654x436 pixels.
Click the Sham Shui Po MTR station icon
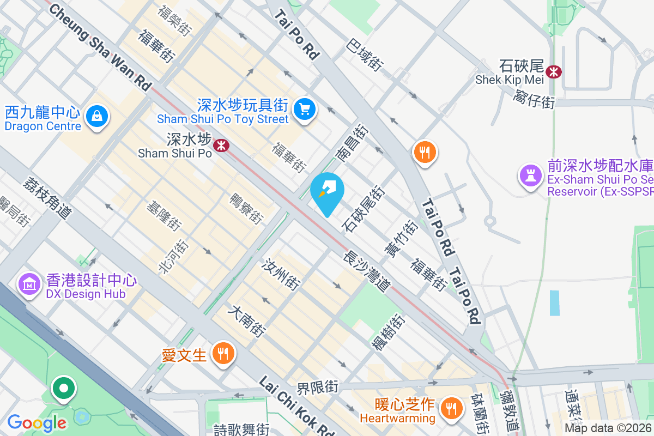pyautogui.click(x=221, y=145)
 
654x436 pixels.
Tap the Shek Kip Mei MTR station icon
pyautogui.click(x=554, y=71)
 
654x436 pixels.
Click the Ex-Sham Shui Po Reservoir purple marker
pyautogui.click(x=530, y=175)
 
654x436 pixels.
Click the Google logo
pyautogui.click(x=37, y=422)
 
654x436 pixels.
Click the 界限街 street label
pyautogui.click(x=317, y=388)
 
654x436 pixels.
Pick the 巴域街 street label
pyautogui.click(x=365, y=54)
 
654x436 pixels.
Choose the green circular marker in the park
pyautogui.click(x=64, y=389)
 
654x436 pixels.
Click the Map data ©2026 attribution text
pyautogui.click(x=608, y=428)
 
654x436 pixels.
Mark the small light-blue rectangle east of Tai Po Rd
pyautogui.click(x=554, y=303)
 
